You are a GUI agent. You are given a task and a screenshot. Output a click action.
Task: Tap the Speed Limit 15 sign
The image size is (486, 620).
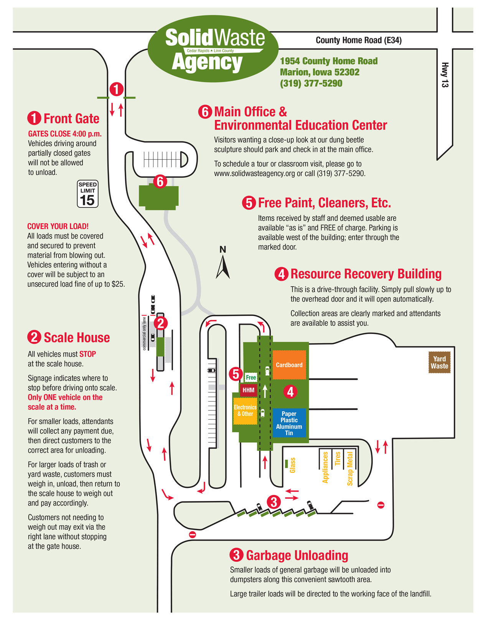coord(87,194)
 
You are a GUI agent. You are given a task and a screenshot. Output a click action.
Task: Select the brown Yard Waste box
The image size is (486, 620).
coord(439,362)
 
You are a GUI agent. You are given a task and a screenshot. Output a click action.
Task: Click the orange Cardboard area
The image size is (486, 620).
coord(289,365)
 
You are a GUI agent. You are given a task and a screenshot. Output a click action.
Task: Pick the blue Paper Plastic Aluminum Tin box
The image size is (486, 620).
coord(289,423)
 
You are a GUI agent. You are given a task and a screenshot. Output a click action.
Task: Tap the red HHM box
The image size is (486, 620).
coord(248,390)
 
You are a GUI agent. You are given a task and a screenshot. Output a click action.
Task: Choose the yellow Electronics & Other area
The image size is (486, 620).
coord(245,410)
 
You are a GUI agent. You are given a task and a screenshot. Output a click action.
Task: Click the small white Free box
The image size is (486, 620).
coord(251,377)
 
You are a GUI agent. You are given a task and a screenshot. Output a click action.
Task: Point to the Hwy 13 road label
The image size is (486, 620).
coord(445,75)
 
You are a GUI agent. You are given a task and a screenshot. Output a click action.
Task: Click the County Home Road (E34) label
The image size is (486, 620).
coord(358,40)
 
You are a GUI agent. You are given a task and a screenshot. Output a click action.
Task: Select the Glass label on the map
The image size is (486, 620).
coord(292,465)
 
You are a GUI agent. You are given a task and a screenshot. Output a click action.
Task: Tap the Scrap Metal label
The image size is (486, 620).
coord(350,468)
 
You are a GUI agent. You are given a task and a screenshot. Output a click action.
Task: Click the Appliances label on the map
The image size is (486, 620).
coord(325,467)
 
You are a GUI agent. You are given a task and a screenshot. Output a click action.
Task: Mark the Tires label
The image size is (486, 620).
coord(338,458)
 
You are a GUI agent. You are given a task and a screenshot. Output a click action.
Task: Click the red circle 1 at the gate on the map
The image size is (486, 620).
coord(117,89)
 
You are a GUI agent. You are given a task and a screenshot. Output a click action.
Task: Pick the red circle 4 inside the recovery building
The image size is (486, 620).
coord(290,392)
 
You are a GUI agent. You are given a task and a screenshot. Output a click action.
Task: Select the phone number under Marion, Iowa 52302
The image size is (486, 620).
coord(311,83)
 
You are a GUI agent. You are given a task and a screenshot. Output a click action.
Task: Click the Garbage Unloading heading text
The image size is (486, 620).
coord(297,555)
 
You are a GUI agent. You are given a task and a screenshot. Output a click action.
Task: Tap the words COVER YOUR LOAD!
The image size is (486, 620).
coord(58,226)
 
